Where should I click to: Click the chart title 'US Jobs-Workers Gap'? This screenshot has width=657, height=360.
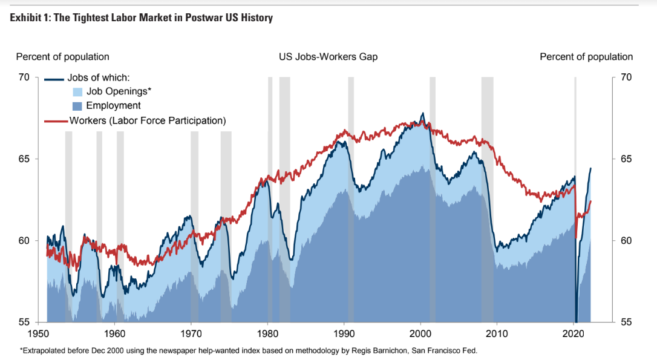coord(328,57)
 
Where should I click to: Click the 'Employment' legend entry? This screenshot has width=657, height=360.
coord(113,106)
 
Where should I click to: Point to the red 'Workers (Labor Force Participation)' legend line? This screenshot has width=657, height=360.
coord(57,121)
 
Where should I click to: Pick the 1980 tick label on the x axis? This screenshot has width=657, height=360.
coord(267,333)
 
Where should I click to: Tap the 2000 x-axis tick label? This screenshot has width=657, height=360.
coord(420,333)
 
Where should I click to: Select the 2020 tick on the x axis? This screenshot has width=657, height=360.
coord(574,333)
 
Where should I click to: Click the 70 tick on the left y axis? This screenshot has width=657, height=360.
coord(24,77)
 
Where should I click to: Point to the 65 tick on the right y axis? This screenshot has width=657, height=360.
coord(627,159)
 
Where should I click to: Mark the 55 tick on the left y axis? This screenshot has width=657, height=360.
coord(24,322)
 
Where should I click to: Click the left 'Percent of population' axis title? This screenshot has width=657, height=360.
coord(62,57)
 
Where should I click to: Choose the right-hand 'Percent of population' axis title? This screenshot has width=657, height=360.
coord(586,57)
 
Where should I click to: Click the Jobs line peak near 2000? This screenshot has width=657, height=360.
coord(423,113)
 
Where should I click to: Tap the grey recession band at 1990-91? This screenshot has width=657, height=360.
coord(351,200)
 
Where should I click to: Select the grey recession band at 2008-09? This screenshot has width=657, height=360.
coord(487,200)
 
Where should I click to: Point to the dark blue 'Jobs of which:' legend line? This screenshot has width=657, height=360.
coord(54,79)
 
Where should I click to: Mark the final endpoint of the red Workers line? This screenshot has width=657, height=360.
coord(590,201)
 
